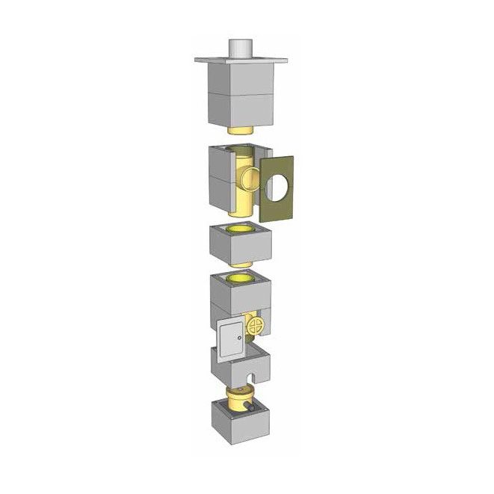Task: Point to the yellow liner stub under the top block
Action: click(x=241, y=132)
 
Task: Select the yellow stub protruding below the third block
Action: click(x=241, y=264)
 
